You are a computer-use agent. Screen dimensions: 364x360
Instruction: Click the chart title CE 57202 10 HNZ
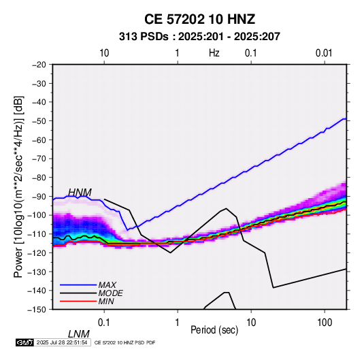tap(199, 19)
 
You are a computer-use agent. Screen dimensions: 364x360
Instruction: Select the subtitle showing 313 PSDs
tap(199, 37)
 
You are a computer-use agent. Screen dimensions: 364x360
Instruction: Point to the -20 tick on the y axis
tap(39, 65)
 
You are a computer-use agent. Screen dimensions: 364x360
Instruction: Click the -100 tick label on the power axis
tap(37, 215)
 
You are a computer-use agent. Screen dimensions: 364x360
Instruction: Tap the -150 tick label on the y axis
tap(37, 310)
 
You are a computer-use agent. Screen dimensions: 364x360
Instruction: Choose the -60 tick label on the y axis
tap(39, 140)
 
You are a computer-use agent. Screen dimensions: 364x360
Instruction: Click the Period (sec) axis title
tap(214, 330)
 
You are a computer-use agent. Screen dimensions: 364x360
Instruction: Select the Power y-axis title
tap(18, 186)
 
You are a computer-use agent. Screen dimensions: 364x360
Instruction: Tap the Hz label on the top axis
tap(214, 53)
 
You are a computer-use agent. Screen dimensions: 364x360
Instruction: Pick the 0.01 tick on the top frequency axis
tap(324, 53)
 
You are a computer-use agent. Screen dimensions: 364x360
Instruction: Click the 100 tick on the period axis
tap(325, 323)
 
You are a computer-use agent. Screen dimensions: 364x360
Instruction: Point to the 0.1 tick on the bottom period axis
tap(104, 323)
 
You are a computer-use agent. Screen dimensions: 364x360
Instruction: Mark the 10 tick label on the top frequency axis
tap(104, 53)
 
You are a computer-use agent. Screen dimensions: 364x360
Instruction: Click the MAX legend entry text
tap(107, 285)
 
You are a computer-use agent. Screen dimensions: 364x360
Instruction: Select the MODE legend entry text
tap(110, 293)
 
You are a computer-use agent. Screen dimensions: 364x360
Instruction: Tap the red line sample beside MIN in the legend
tap(78, 301)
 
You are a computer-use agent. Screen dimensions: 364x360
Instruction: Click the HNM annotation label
tap(80, 193)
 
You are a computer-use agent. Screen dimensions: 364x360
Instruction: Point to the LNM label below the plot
tap(79, 334)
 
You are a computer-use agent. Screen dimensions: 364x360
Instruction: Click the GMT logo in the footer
tap(24, 342)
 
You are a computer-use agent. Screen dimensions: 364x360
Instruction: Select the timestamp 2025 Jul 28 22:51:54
tap(62, 342)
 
